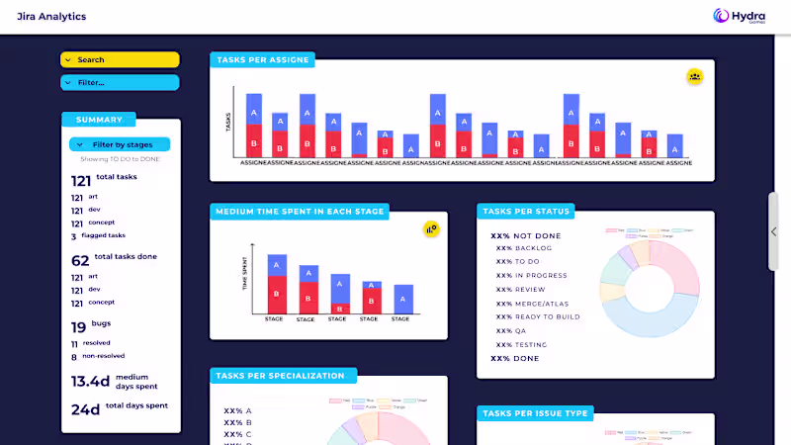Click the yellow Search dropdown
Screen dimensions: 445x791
[120, 60]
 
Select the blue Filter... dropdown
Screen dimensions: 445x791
[120, 83]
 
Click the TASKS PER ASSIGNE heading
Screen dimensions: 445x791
[262, 60]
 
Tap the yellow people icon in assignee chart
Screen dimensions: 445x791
[695, 76]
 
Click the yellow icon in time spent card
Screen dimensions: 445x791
[431, 228]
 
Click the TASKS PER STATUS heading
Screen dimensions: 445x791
[527, 211]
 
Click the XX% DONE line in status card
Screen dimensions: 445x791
[515, 359]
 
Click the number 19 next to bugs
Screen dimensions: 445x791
[78, 327]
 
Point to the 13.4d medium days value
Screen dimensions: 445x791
[90, 381]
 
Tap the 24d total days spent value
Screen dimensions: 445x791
[85, 407]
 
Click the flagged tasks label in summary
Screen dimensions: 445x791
[103, 236]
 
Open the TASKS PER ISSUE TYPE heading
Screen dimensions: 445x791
[535, 413]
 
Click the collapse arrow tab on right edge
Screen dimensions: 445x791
[774, 231]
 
